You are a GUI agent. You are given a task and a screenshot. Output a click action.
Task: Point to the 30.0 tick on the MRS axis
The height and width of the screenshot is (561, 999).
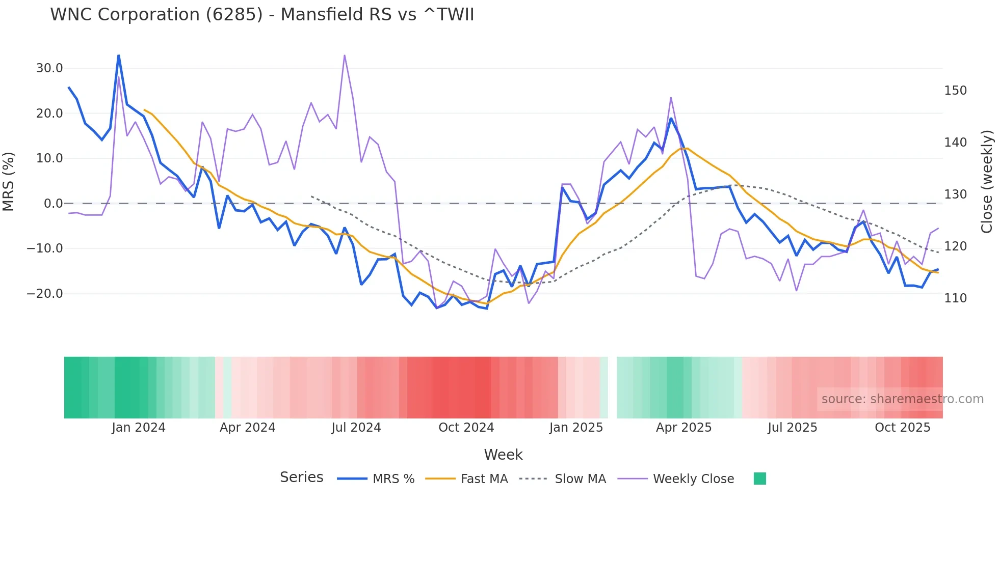[49, 68]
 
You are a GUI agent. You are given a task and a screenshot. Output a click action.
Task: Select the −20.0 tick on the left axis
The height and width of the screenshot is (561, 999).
[45, 294]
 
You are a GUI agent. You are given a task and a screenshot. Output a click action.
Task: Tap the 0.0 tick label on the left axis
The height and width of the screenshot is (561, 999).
[53, 204]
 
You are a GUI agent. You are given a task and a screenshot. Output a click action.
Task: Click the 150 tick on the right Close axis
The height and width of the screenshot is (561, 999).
[955, 91]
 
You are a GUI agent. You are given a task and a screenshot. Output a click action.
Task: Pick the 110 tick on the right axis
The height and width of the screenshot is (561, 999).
[955, 298]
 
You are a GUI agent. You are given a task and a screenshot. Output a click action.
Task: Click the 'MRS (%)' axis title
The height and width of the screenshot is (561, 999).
[9, 181]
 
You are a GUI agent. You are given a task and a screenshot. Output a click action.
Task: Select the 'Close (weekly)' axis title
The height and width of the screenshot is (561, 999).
[987, 181]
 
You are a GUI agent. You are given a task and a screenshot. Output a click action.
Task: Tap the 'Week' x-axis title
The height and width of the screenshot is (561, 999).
[503, 455]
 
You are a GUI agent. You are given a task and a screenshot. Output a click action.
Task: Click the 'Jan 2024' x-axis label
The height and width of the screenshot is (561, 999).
[139, 428]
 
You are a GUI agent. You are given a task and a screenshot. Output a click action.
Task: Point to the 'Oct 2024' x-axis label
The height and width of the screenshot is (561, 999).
[466, 428]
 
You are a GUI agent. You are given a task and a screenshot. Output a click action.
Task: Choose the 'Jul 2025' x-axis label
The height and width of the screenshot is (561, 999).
[792, 428]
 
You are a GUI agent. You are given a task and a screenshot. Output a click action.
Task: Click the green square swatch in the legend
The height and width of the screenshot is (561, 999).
[759, 479]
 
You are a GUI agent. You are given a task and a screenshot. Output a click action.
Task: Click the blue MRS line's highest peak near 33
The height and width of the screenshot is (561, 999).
[119, 55]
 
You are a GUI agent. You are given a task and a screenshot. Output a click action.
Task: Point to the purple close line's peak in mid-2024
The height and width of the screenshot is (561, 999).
[345, 55]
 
